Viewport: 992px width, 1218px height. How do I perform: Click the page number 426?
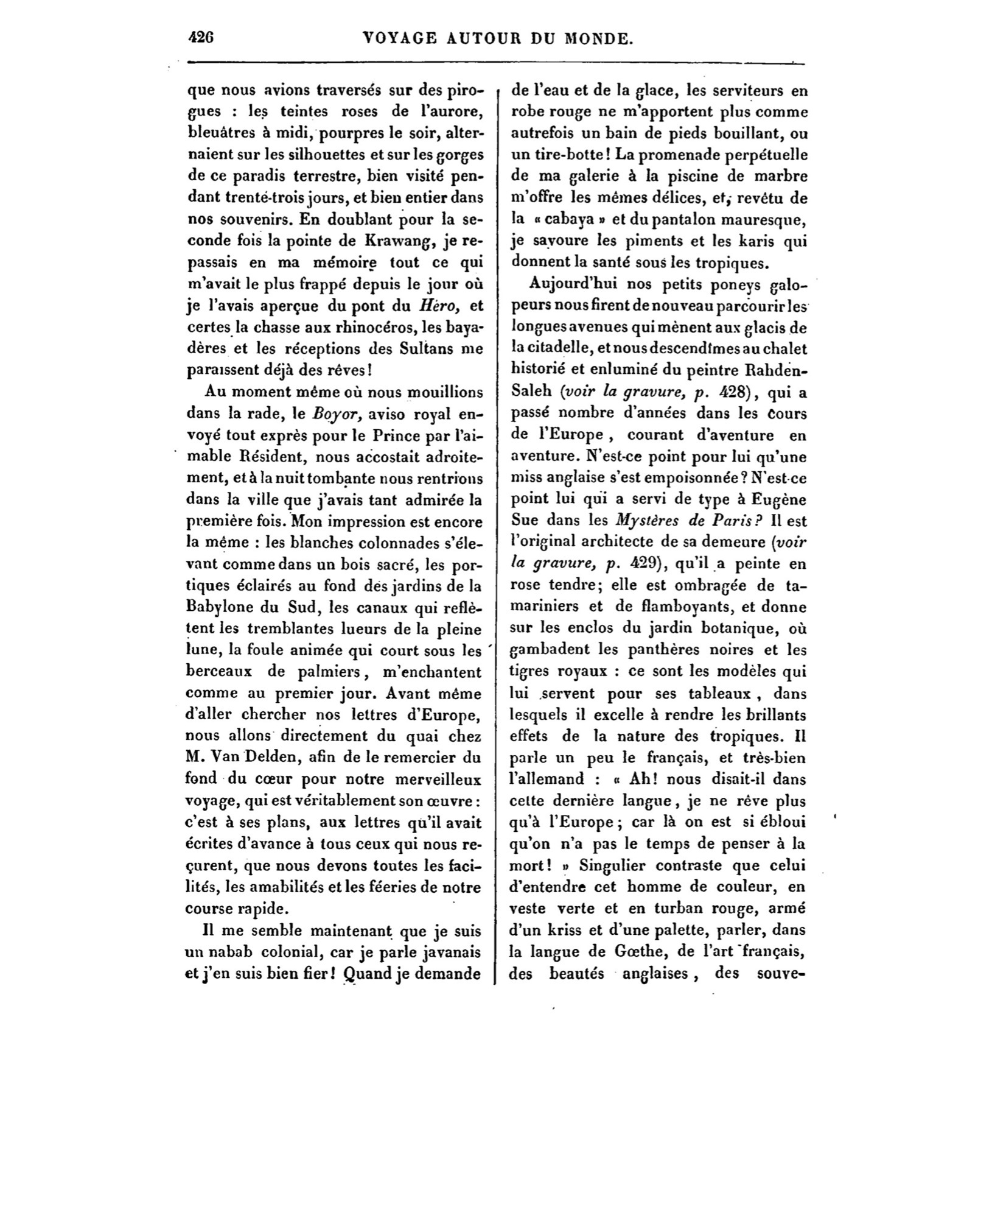pos(200,38)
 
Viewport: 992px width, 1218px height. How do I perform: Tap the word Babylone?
pos(218,607)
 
